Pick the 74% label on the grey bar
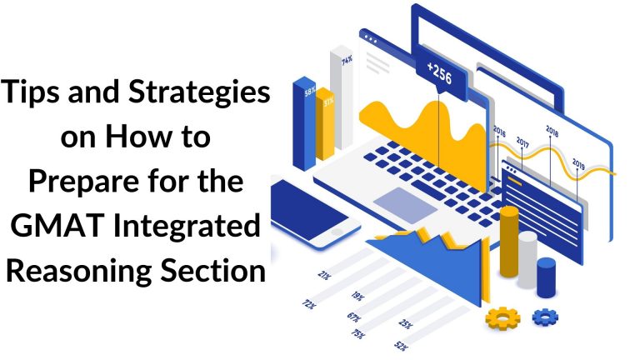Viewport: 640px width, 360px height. point(346,59)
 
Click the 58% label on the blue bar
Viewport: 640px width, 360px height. point(308,92)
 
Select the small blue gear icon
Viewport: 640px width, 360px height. point(545,316)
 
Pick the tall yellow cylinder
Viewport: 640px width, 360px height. point(509,241)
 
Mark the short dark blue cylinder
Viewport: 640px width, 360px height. point(547,277)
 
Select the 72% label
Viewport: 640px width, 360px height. point(309,305)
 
